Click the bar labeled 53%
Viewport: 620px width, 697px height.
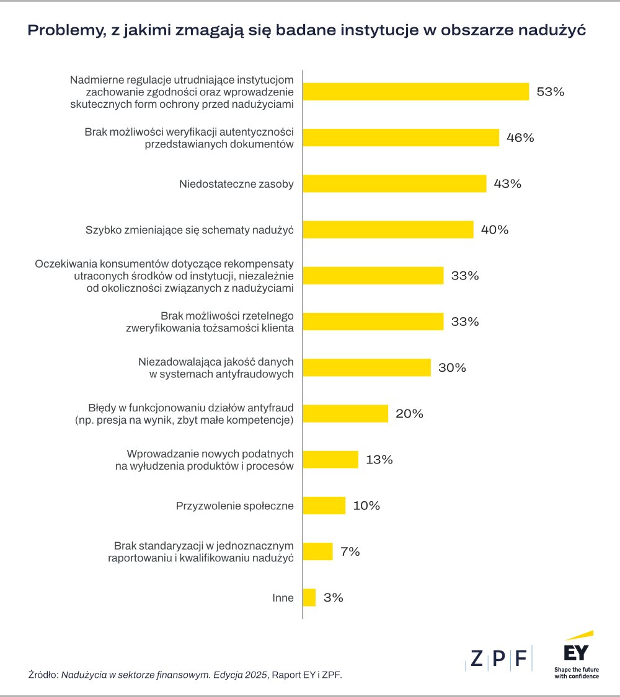pyautogui.click(x=415, y=92)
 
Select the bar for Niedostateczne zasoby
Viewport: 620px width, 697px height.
pyautogui.click(x=394, y=183)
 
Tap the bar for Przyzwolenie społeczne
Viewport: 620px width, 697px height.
pyautogui.click(x=324, y=506)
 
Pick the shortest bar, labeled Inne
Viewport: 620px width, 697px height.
pyautogui.click(x=309, y=597)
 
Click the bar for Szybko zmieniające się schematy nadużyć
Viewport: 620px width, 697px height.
pyautogui.click(x=388, y=229)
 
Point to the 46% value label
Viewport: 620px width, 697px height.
pyautogui.click(x=520, y=138)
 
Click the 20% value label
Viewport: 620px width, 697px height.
pyautogui.click(x=409, y=413)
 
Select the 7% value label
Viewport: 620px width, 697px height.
pyautogui.click(x=350, y=551)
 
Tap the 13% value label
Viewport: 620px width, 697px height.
pyautogui.click(x=379, y=460)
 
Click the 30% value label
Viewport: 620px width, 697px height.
pyautogui.click(x=452, y=367)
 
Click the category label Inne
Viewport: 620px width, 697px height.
pyautogui.click(x=283, y=598)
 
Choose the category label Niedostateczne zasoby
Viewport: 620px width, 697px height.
pyautogui.click(x=236, y=184)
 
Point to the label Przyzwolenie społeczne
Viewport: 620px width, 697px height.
pyautogui.click(x=235, y=506)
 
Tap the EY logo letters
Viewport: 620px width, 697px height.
pyautogui.click(x=576, y=653)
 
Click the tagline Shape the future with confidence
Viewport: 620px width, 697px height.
pyautogui.click(x=577, y=673)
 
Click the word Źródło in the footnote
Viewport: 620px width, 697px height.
pyautogui.click(x=42, y=675)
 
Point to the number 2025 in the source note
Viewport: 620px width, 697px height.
pyautogui.click(x=255, y=675)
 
